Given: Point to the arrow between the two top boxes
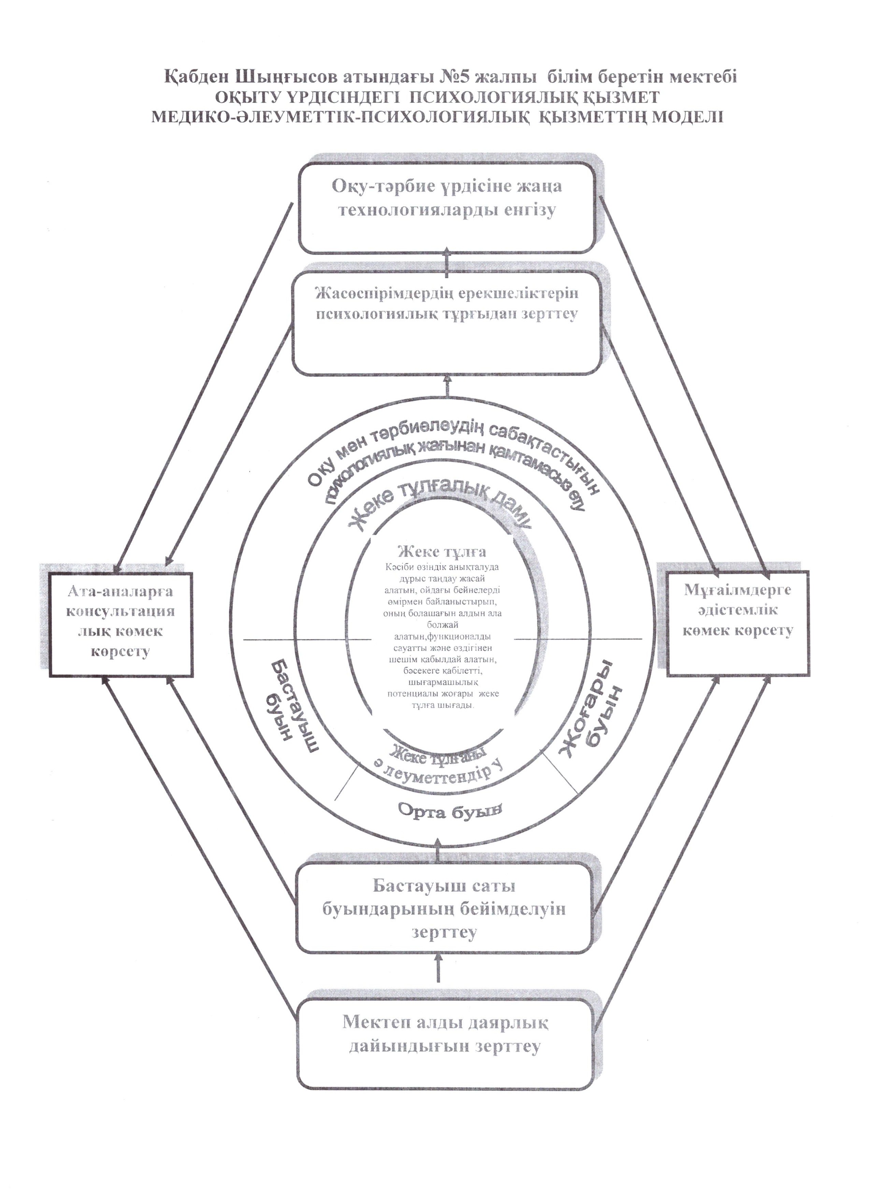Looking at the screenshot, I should (x=447, y=261).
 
